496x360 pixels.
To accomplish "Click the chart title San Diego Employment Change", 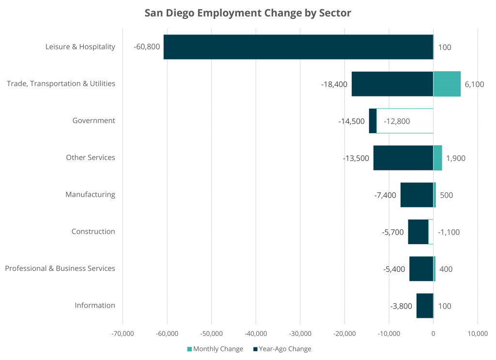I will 248,13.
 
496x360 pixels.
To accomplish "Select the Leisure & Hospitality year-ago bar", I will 298,47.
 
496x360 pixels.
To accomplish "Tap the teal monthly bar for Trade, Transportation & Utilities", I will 447,84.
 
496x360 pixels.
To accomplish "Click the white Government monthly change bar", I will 404,121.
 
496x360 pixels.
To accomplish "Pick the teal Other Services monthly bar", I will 438,158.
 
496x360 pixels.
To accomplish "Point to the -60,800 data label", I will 147,47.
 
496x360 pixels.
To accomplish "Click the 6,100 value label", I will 474,84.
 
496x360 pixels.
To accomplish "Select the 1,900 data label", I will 455,158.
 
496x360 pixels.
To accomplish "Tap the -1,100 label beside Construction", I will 449,232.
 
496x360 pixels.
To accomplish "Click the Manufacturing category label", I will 91,195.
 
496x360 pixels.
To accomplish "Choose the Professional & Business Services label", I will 60,268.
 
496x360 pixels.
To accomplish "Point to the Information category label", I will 95,305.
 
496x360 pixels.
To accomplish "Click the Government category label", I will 94,121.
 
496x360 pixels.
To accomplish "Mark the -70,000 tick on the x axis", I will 123,334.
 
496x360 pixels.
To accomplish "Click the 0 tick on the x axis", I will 433,334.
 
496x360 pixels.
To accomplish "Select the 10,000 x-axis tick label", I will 478,334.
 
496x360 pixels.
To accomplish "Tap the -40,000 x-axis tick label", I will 256,334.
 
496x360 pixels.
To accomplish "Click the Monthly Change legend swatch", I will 189,349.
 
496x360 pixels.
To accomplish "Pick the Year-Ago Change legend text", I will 285,349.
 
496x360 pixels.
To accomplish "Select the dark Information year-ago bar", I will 424,306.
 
